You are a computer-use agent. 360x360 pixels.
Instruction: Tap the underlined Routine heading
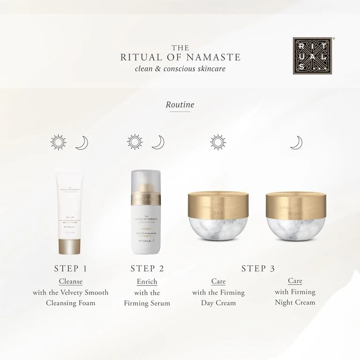[x=180, y=105]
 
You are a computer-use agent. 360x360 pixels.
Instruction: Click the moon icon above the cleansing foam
[x=82, y=142]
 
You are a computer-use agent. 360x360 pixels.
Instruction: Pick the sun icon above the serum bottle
[x=135, y=142]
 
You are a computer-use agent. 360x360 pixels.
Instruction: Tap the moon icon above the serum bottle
[x=158, y=142]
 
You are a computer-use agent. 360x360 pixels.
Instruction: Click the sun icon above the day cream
[x=218, y=142]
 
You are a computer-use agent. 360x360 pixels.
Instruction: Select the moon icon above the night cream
[x=296, y=142]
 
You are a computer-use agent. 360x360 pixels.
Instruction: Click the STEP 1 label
[x=70, y=269]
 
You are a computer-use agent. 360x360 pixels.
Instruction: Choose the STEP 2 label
[x=147, y=269]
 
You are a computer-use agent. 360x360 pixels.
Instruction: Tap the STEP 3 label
[x=258, y=269]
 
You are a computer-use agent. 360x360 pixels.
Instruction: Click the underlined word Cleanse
[x=70, y=281]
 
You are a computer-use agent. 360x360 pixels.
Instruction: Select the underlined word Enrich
[x=147, y=281]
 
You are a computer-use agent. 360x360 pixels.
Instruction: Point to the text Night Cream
[x=295, y=302]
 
